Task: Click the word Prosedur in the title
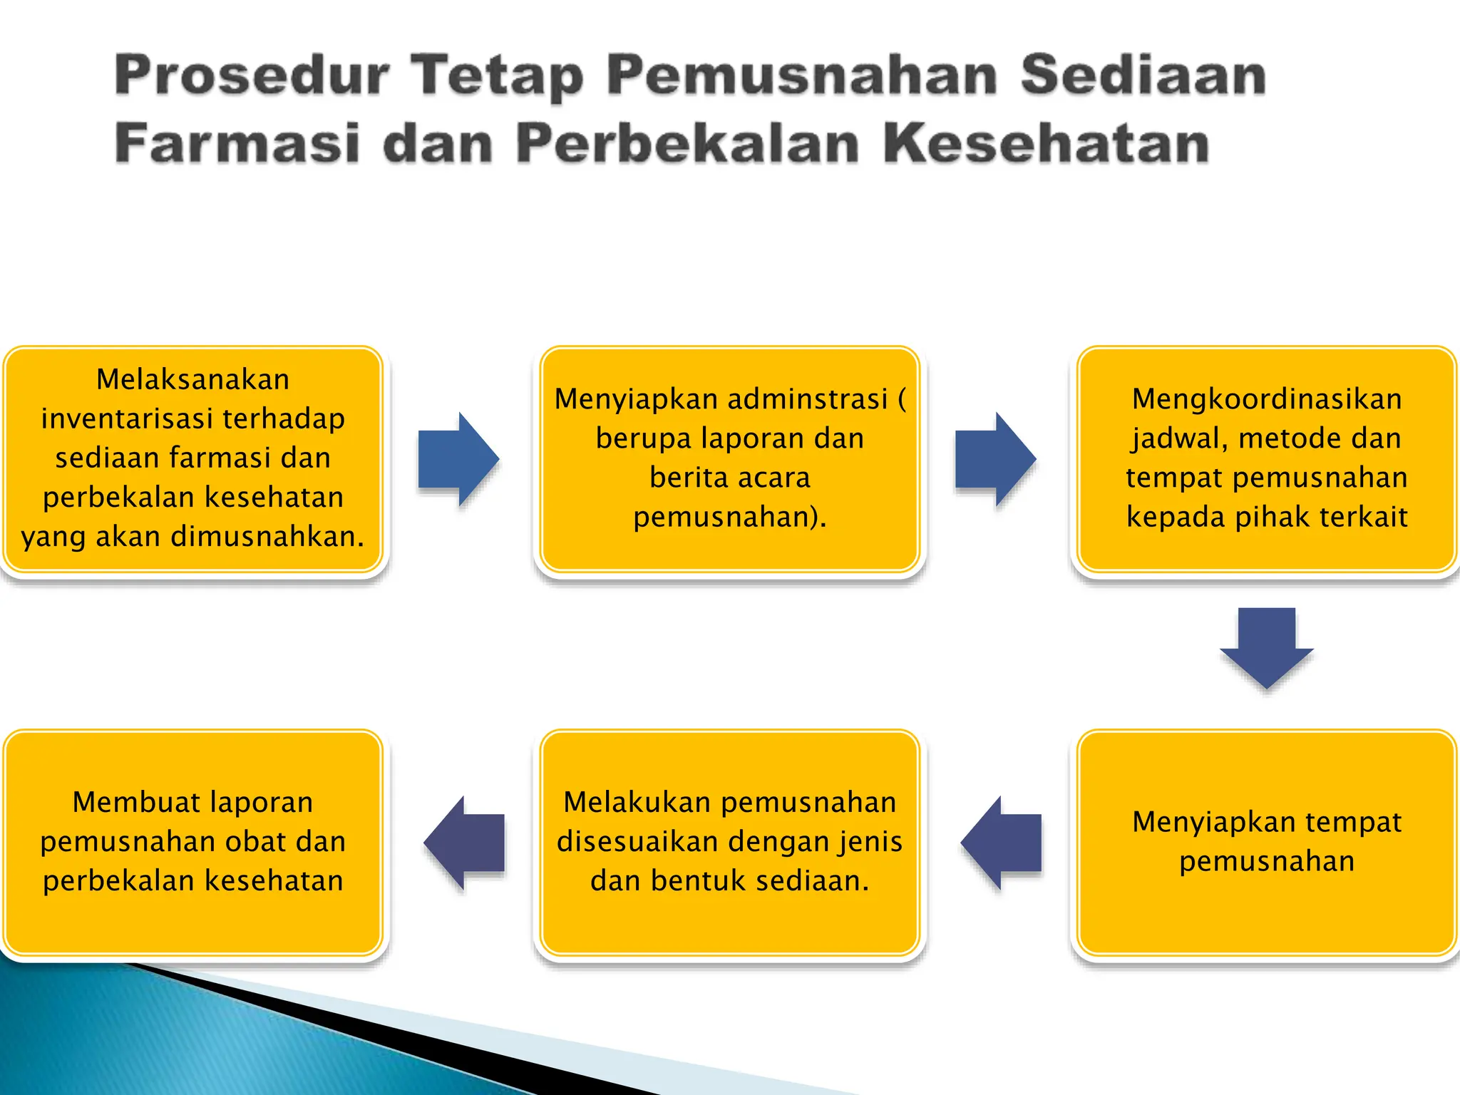[x=252, y=76]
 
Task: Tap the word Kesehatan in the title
[x=1046, y=143]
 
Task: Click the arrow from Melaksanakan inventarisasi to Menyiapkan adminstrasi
[x=458, y=459]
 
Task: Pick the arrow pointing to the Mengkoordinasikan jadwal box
[x=995, y=459]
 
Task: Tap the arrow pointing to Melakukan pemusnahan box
[x=1001, y=843]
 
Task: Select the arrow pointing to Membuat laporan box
[x=464, y=843]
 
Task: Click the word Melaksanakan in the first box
[x=193, y=379]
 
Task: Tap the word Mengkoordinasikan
[x=1267, y=399]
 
